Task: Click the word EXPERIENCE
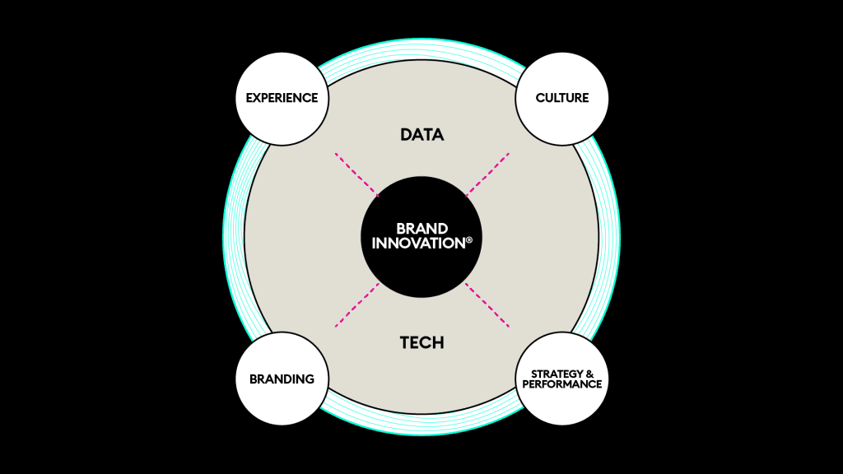click(x=282, y=98)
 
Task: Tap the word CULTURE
click(x=561, y=98)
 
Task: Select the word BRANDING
click(x=282, y=379)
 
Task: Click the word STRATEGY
click(x=557, y=374)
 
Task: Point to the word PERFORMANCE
click(x=561, y=384)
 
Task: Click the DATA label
click(x=422, y=134)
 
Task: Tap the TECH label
click(x=422, y=342)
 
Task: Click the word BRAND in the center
click(x=422, y=229)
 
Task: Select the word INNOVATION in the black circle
click(x=418, y=243)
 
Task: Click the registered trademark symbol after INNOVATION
click(x=469, y=240)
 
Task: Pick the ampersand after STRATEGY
click(x=589, y=374)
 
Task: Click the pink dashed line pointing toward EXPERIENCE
click(x=357, y=174)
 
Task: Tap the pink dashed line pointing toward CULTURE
click(x=487, y=174)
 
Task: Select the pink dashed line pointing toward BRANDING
click(x=357, y=304)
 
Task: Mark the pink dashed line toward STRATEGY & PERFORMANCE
click(x=487, y=304)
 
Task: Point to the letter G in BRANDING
click(x=310, y=379)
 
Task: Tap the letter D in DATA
click(x=406, y=134)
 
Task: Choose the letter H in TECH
click(x=438, y=342)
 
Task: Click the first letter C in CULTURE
click(x=540, y=98)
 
